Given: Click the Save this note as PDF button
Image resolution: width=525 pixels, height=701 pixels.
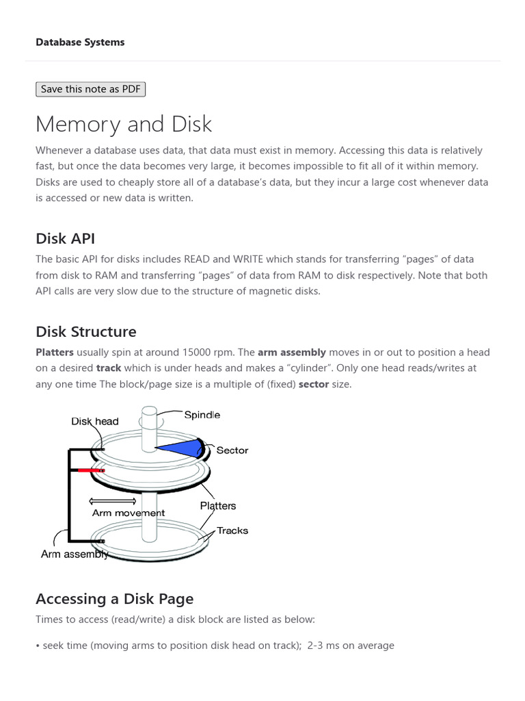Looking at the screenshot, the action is click(x=90, y=89).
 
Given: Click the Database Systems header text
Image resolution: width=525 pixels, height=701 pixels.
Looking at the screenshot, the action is click(x=80, y=42).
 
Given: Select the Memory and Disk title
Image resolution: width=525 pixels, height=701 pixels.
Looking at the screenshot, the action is click(x=124, y=124).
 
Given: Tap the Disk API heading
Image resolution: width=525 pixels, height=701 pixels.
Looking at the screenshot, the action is click(x=65, y=238).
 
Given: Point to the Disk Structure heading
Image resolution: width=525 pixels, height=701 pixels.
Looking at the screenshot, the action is click(x=85, y=331).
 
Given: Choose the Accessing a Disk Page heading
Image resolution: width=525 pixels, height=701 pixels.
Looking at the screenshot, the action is click(x=114, y=598).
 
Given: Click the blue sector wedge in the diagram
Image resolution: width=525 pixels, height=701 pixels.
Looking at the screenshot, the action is click(x=181, y=447).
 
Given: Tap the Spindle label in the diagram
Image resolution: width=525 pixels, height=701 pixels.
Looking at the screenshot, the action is click(x=202, y=415).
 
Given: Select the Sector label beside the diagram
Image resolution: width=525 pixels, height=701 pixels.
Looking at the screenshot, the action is click(x=232, y=450).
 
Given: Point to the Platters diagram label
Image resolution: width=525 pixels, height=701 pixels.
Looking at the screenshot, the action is click(x=217, y=506).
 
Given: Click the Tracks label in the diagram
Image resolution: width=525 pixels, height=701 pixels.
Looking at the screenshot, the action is click(x=232, y=531).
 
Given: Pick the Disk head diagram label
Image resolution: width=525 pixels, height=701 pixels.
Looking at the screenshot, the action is click(x=94, y=422).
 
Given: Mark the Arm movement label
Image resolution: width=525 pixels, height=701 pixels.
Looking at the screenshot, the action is click(x=129, y=513).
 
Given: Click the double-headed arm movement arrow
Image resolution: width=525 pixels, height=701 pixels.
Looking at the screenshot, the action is click(x=113, y=501).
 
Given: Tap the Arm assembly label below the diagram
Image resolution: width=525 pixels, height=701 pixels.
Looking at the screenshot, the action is click(x=75, y=555).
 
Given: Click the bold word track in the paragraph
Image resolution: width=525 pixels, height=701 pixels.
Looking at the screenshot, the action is click(x=108, y=368).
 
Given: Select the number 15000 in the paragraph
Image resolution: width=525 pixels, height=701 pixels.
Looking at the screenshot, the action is click(x=175, y=352).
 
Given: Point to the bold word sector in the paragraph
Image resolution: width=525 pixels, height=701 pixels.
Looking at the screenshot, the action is click(x=313, y=384).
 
